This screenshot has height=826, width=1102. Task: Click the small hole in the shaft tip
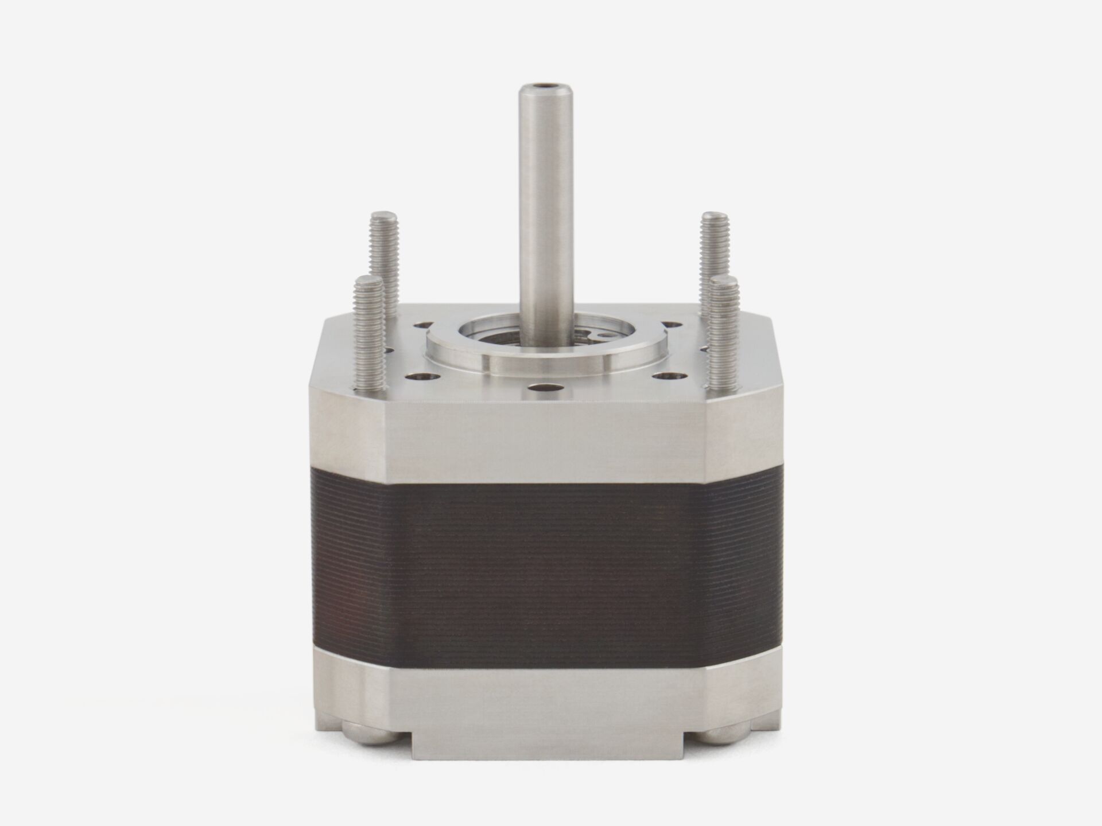543,88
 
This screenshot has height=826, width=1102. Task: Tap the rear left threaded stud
385,247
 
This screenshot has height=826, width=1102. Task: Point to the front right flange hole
668,376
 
